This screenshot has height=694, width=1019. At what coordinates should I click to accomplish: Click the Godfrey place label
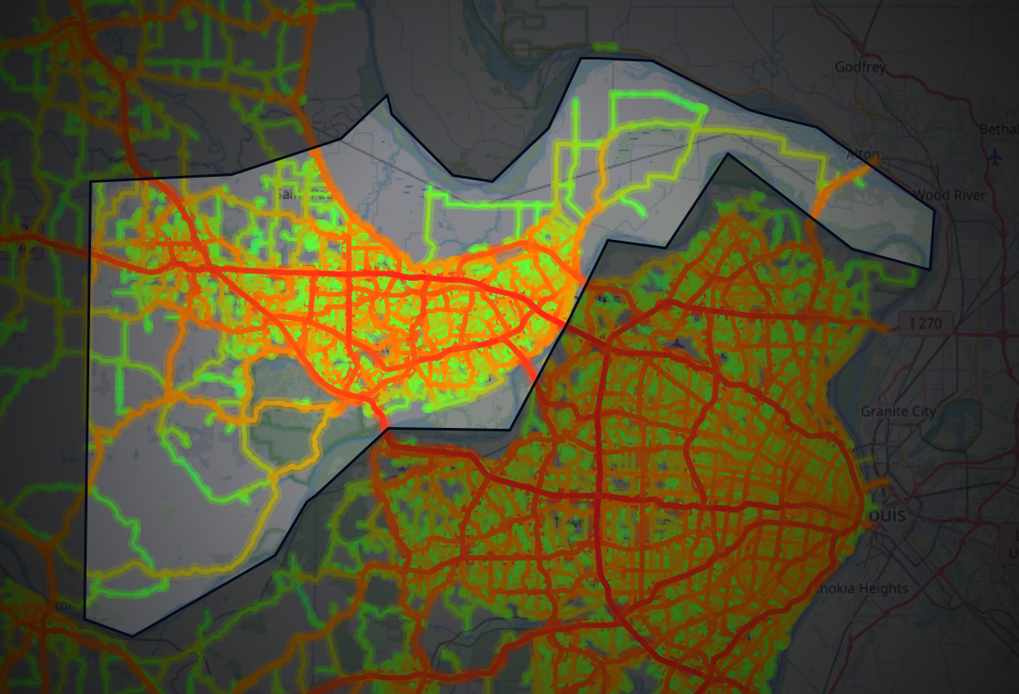coord(860,67)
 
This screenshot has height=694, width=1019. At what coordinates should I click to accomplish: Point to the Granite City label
coord(898,411)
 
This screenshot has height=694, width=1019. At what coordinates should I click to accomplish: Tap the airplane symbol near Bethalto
coord(995,158)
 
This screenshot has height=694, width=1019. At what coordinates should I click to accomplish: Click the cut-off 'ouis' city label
coord(885,515)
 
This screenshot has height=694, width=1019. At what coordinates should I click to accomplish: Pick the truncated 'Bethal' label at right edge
coord(999,129)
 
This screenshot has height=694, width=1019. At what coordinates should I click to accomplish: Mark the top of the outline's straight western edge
coord(92,182)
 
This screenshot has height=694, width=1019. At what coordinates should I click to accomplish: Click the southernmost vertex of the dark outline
coord(132,635)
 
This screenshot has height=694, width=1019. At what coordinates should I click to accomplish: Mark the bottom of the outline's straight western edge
coord(85,617)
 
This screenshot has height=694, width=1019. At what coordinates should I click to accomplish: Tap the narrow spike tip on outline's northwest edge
coord(387,95)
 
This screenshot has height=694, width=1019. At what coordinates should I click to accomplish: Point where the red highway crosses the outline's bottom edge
coord(385,428)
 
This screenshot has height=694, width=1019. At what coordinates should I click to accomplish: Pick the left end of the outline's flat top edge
coord(581,59)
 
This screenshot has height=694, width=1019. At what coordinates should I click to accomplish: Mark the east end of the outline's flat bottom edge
coord(510,430)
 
